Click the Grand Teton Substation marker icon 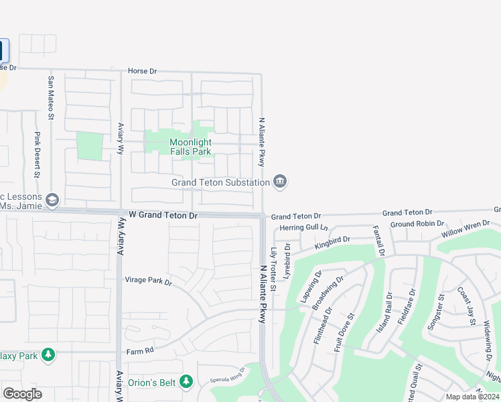coord(280,182)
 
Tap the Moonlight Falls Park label coord(190,147)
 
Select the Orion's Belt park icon coord(186,382)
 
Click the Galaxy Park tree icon coord(48,355)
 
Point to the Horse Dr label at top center coord(142,70)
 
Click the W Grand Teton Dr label coord(163,216)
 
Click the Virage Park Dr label coord(149,282)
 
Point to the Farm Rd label coord(140,350)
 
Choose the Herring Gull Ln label coord(304,228)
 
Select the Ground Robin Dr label coord(417,224)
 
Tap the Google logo coord(22,394)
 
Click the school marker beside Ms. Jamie coord(52,200)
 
